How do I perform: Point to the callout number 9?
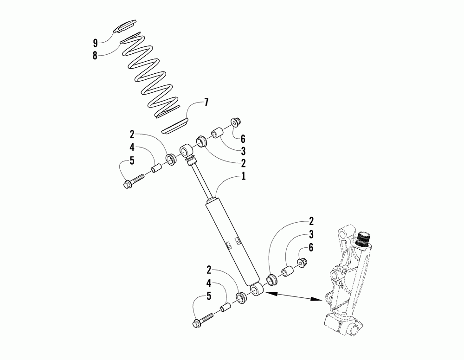pyautogui.click(x=95, y=43)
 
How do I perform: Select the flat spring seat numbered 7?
pyautogui.click(x=175, y=127)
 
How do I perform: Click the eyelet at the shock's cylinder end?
pyautogui.click(x=257, y=290)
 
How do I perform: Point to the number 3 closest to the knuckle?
pyautogui.click(x=310, y=234)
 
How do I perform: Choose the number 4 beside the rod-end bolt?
pyautogui.click(x=132, y=148)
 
